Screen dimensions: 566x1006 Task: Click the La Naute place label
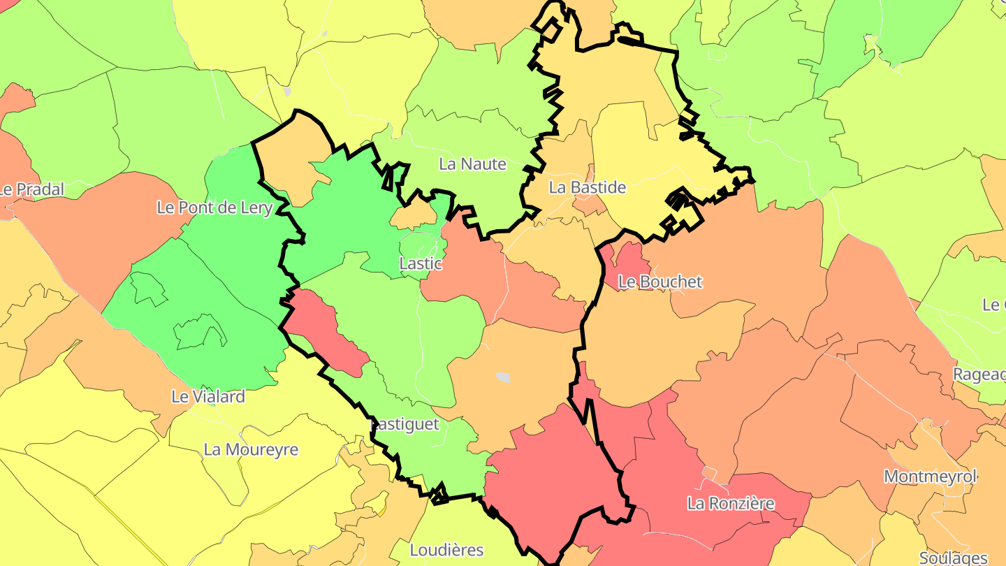(x=472, y=164)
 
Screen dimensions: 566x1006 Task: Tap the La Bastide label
(x=587, y=187)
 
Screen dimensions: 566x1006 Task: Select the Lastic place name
(x=420, y=263)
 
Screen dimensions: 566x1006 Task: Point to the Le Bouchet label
(x=660, y=282)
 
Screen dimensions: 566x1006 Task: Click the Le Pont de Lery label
(x=214, y=208)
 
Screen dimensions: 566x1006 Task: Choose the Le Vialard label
(x=208, y=396)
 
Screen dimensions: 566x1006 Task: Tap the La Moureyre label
(x=251, y=449)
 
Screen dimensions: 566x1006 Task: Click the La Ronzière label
(x=731, y=503)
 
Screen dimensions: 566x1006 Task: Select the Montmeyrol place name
(x=930, y=477)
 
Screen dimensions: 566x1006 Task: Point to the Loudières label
(x=446, y=550)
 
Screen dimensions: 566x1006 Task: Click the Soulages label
(x=954, y=558)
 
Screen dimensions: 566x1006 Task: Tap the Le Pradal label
(x=31, y=189)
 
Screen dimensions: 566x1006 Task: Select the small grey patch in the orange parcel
(x=502, y=377)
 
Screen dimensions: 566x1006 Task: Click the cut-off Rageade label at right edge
(x=979, y=375)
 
